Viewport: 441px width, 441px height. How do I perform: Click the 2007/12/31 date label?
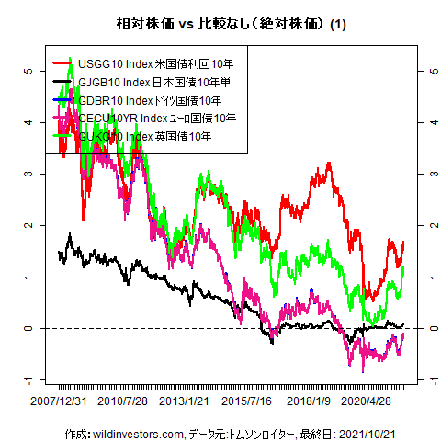coord(59,401)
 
